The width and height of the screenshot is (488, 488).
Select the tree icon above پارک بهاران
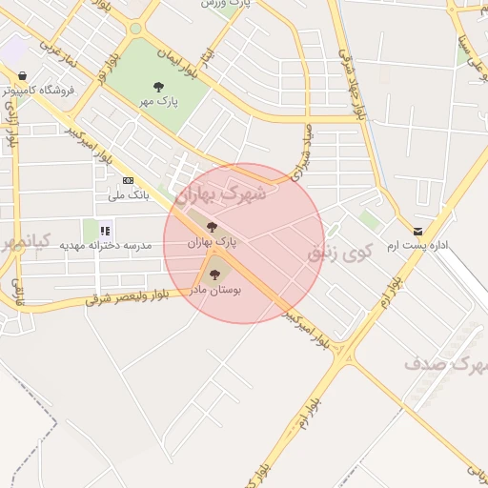pos(212,227)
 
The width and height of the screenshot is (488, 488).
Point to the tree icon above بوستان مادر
pos(213,274)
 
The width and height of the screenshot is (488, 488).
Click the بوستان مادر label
pos(215,287)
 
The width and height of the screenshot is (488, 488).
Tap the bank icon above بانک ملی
pos(129,180)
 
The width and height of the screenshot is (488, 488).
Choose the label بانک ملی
pos(129,195)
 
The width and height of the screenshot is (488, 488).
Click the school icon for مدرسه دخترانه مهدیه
pos(105,230)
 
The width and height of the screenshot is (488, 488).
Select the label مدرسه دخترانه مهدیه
pos(106,245)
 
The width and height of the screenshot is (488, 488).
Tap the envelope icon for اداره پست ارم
pos(417,232)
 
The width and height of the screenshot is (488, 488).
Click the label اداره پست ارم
pos(417,246)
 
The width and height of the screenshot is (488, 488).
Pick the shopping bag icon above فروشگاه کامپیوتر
pos(21,75)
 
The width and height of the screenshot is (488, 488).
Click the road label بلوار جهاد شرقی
pos(349,85)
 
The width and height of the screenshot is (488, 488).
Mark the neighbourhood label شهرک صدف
pos(445,363)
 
